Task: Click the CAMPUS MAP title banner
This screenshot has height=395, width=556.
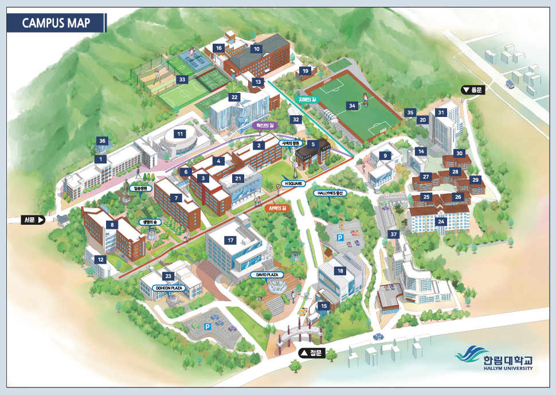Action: (56, 23)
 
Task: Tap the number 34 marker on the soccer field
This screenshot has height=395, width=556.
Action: (353, 105)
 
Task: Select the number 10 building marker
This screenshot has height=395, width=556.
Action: (256, 49)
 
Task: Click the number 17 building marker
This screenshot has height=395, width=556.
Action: (230, 240)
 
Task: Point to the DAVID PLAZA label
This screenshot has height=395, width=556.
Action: (268, 275)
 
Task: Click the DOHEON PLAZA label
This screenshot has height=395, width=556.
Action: (169, 288)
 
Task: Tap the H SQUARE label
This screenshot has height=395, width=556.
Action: (291, 183)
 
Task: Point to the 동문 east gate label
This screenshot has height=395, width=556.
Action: (473, 89)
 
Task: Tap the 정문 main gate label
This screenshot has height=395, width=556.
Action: (311, 354)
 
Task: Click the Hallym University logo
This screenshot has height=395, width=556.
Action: (494, 359)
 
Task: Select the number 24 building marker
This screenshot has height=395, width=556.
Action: (441, 221)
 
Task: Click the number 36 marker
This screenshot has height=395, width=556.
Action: (102, 141)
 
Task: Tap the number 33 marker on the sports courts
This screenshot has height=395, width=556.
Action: (182, 79)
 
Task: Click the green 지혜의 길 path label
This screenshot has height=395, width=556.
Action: (304, 99)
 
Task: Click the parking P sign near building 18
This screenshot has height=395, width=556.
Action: (339, 237)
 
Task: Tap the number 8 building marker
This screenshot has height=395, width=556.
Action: (112, 225)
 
